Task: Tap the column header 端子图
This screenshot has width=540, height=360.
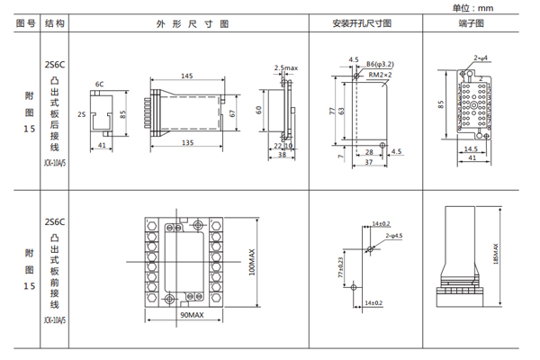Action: pos(472,24)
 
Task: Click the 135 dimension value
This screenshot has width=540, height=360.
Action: pos(187,142)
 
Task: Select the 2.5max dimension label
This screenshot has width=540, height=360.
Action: pos(286,68)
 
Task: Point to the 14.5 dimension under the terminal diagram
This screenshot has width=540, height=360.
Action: pos(471,148)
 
